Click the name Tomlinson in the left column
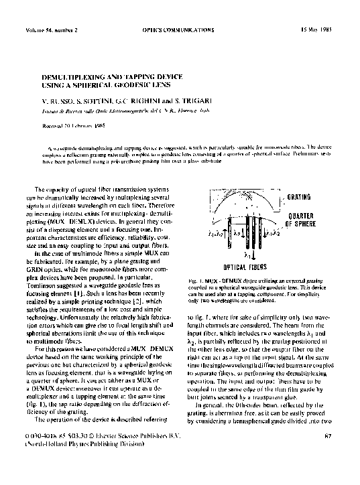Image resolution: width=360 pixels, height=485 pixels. pos(61,304)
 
